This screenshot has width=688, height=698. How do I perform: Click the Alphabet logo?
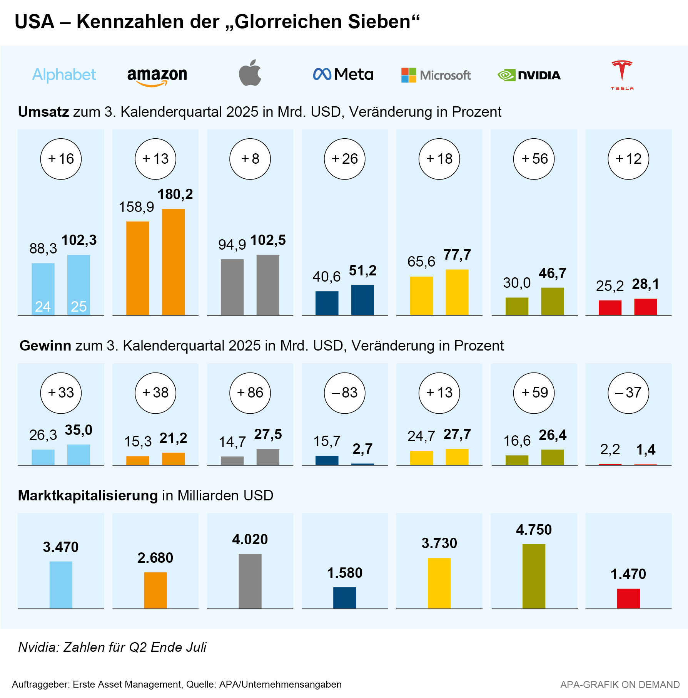[x=64, y=75]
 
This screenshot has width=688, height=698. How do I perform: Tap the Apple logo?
[x=250, y=73]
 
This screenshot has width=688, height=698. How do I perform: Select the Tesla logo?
[x=622, y=75]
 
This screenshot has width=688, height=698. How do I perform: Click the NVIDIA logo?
[x=529, y=75]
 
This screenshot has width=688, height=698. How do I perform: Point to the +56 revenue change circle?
[x=534, y=159]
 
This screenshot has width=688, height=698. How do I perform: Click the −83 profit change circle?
[x=344, y=393]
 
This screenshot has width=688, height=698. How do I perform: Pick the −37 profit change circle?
[x=628, y=393]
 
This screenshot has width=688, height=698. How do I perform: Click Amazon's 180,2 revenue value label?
[x=175, y=194]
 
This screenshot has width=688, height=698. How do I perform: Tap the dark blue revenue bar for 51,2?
[x=362, y=300]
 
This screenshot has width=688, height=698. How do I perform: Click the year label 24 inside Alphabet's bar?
[x=43, y=307]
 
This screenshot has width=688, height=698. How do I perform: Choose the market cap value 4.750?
[x=534, y=530]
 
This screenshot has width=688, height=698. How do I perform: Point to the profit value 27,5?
[x=268, y=435]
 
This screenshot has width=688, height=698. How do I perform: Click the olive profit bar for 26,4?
[x=553, y=457]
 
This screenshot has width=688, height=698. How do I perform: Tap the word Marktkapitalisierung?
[x=88, y=495]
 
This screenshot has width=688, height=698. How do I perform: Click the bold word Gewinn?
[x=45, y=346]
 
